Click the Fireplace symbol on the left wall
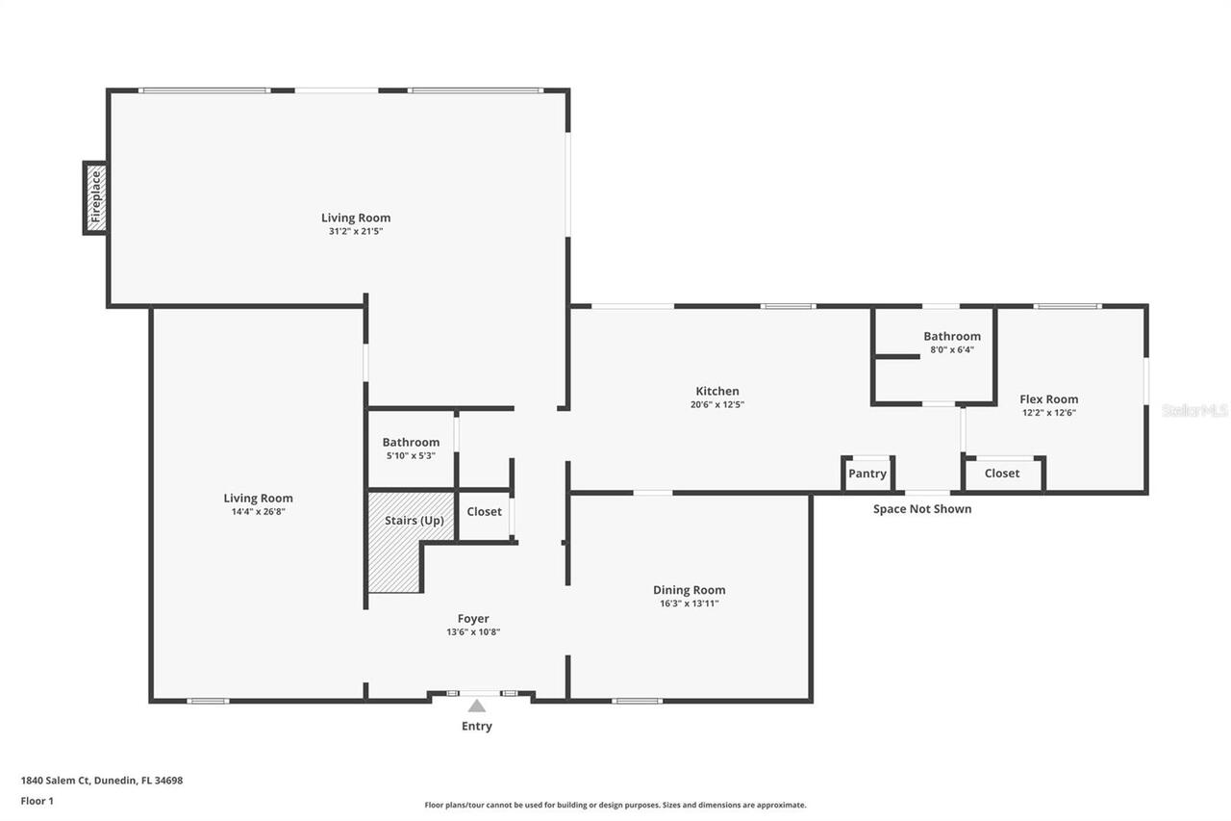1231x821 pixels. [x=96, y=197]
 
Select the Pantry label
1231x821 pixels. [x=867, y=474]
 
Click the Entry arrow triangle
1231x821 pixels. [x=477, y=706]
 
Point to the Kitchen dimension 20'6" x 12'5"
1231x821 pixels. [x=717, y=405]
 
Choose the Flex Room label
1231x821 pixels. [x=1048, y=398]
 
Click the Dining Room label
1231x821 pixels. [x=689, y=590]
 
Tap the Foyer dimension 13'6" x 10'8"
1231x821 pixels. [x=473, y=632]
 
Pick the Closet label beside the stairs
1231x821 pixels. [x=484, y=511]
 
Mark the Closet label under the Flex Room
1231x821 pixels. [x=1001, y=474]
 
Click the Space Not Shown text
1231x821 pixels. [x=921, y=508]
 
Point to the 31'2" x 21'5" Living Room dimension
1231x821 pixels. [x=356, y=231]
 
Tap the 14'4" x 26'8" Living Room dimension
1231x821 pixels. [x=258, y=512]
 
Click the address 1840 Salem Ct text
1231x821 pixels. [x=101, y=781]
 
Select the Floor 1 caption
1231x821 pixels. [x=37, y=800]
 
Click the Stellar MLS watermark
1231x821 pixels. [x=1194, y=410]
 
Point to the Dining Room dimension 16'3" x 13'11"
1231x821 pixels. [x=689, y=603]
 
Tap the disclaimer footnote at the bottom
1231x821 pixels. [x=615, y=805]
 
